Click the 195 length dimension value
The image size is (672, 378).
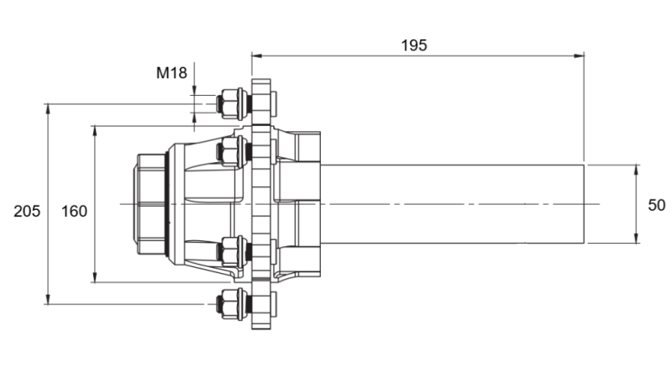[x=413, y=45]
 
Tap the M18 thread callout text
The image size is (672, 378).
[x=171, y=72]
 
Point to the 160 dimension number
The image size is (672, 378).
[x=74, y=211]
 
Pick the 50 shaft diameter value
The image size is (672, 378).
[x=656, y=205]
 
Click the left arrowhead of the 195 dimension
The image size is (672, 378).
[x=256, y=56]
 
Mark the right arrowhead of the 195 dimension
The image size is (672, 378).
[x=580, y=56]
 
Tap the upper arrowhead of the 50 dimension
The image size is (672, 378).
[x=636, y=169]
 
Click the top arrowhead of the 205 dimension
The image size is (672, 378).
[x=48, y=108]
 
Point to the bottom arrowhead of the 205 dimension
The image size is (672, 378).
[x=48, y=300]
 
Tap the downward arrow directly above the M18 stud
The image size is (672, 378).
[x=195, y=91]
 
